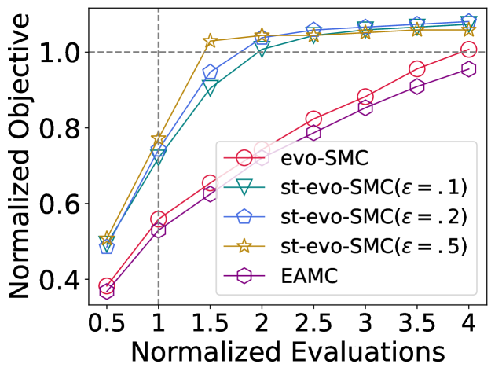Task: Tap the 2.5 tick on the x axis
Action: [x=313, y=322]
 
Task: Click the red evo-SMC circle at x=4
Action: [x=469, y=50]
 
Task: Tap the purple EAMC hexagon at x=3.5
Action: [x=417, y=86]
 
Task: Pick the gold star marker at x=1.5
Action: [x=211, y=41]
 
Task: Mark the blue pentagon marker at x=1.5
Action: [x=211, y=73]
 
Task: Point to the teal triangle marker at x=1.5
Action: [x=211, y=88]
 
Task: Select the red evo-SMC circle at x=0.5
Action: [x=107, y=285]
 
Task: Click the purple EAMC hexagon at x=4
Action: [x=469, y=69]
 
